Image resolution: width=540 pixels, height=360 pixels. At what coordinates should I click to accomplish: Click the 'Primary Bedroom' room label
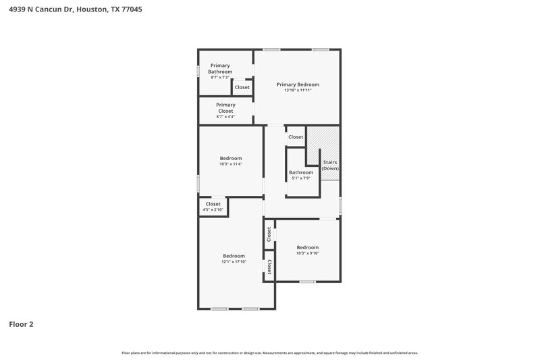[298, 84]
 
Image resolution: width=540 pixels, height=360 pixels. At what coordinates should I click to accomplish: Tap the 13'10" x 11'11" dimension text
[298, 91]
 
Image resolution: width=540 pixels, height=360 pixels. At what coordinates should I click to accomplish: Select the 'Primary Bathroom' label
[220, 68]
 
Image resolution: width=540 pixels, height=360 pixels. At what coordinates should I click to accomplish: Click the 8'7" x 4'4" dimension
[225, 117]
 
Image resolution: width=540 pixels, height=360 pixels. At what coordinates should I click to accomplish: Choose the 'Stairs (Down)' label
[330, 165]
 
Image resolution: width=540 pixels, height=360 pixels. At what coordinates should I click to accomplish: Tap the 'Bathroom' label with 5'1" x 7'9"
[301, 172]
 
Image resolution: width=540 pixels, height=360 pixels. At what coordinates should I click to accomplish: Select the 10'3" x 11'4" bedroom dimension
[230, 164]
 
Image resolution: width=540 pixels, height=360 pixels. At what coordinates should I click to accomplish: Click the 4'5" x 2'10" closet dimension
[213, 210]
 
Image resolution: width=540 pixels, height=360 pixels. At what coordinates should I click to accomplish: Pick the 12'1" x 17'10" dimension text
[234, 261]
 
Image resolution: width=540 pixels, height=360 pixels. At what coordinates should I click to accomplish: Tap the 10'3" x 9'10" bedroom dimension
[307, 253]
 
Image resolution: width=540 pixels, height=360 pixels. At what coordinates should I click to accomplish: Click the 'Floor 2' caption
[21, 324]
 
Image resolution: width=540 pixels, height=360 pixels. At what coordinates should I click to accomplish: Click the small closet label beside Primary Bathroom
[242, 87]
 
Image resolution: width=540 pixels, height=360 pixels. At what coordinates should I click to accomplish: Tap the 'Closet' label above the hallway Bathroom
[296, 137]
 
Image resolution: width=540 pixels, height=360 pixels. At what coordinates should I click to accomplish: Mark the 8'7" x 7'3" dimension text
[220, 78]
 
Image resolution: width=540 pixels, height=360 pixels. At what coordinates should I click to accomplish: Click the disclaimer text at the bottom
[270, 353]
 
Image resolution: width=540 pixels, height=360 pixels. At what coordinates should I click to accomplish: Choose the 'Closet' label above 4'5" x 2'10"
[213, 203]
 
